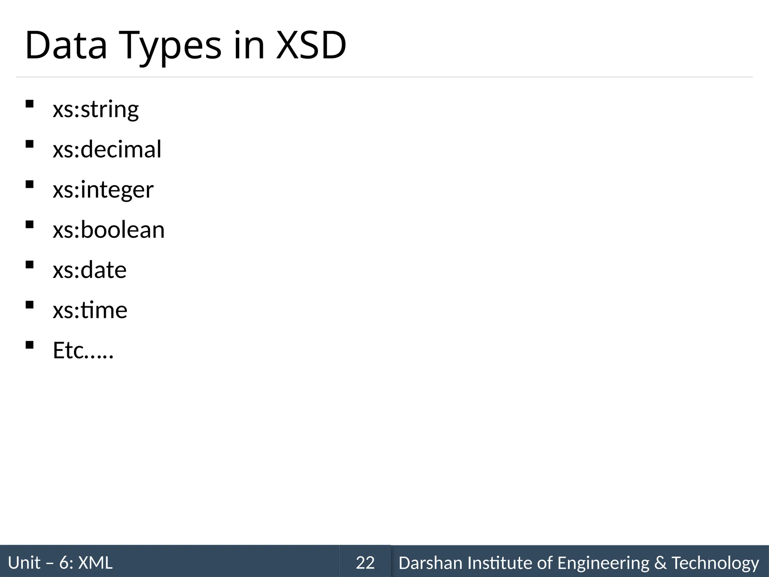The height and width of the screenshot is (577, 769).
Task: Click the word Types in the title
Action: [x=171, y=46]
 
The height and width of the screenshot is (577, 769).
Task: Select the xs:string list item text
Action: [x=96, y=109]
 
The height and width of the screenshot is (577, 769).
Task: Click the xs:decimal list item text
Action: [x=107, y=149]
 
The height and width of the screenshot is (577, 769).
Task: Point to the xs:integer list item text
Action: [x=103, y=190]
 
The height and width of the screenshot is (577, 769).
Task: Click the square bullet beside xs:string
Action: [x=30, y=104]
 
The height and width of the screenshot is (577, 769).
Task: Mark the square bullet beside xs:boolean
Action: [x=30, y=224]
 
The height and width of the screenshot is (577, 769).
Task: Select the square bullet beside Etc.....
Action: [x=30, y=345]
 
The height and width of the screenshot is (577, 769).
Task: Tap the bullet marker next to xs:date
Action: [x=30, y=264]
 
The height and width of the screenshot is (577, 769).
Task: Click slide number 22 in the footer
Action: [x=365, y=563]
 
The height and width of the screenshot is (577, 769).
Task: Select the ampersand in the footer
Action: [x=660, y=563]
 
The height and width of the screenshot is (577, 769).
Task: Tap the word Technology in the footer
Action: [x=715, y=563]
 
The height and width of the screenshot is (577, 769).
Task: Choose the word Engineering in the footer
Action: [x=603, y=563]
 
